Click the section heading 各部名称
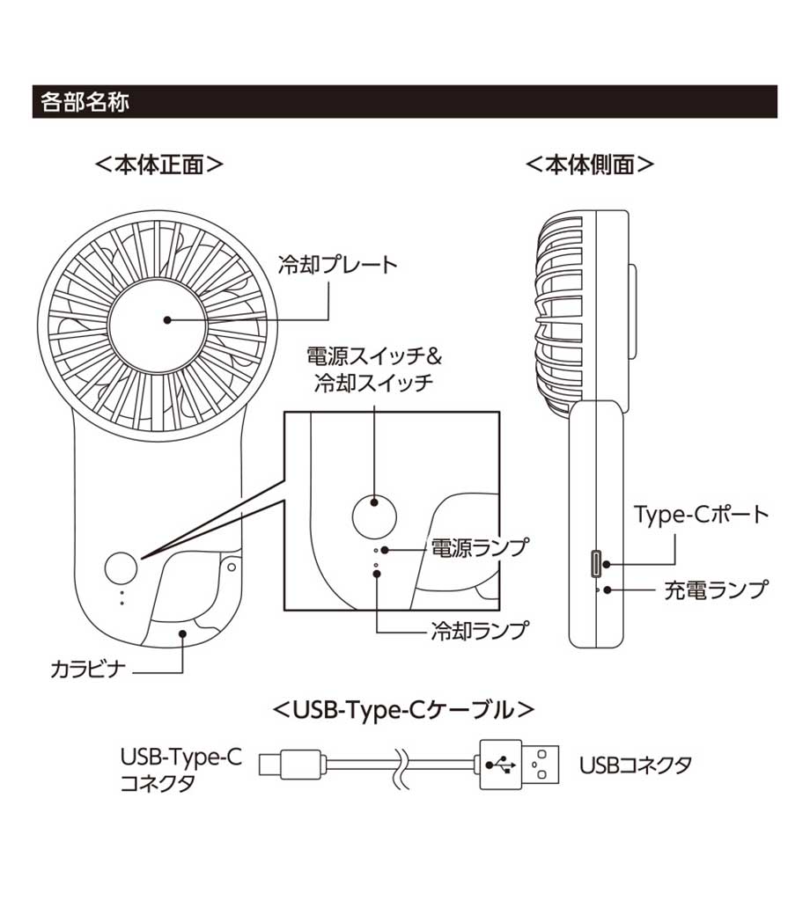[x=85, y=102]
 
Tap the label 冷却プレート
[x=337, y=264]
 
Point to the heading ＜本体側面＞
[x=590, y=165]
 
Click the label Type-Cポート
[x=702, y=515]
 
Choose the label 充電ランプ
[x=715, y=589]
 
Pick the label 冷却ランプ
[x=479, y=630]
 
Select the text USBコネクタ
[x=635, y=764]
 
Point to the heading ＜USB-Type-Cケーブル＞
[x=404, y=708]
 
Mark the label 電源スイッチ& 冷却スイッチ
[x=373, y=370]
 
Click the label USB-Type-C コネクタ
[x=180, y=768]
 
